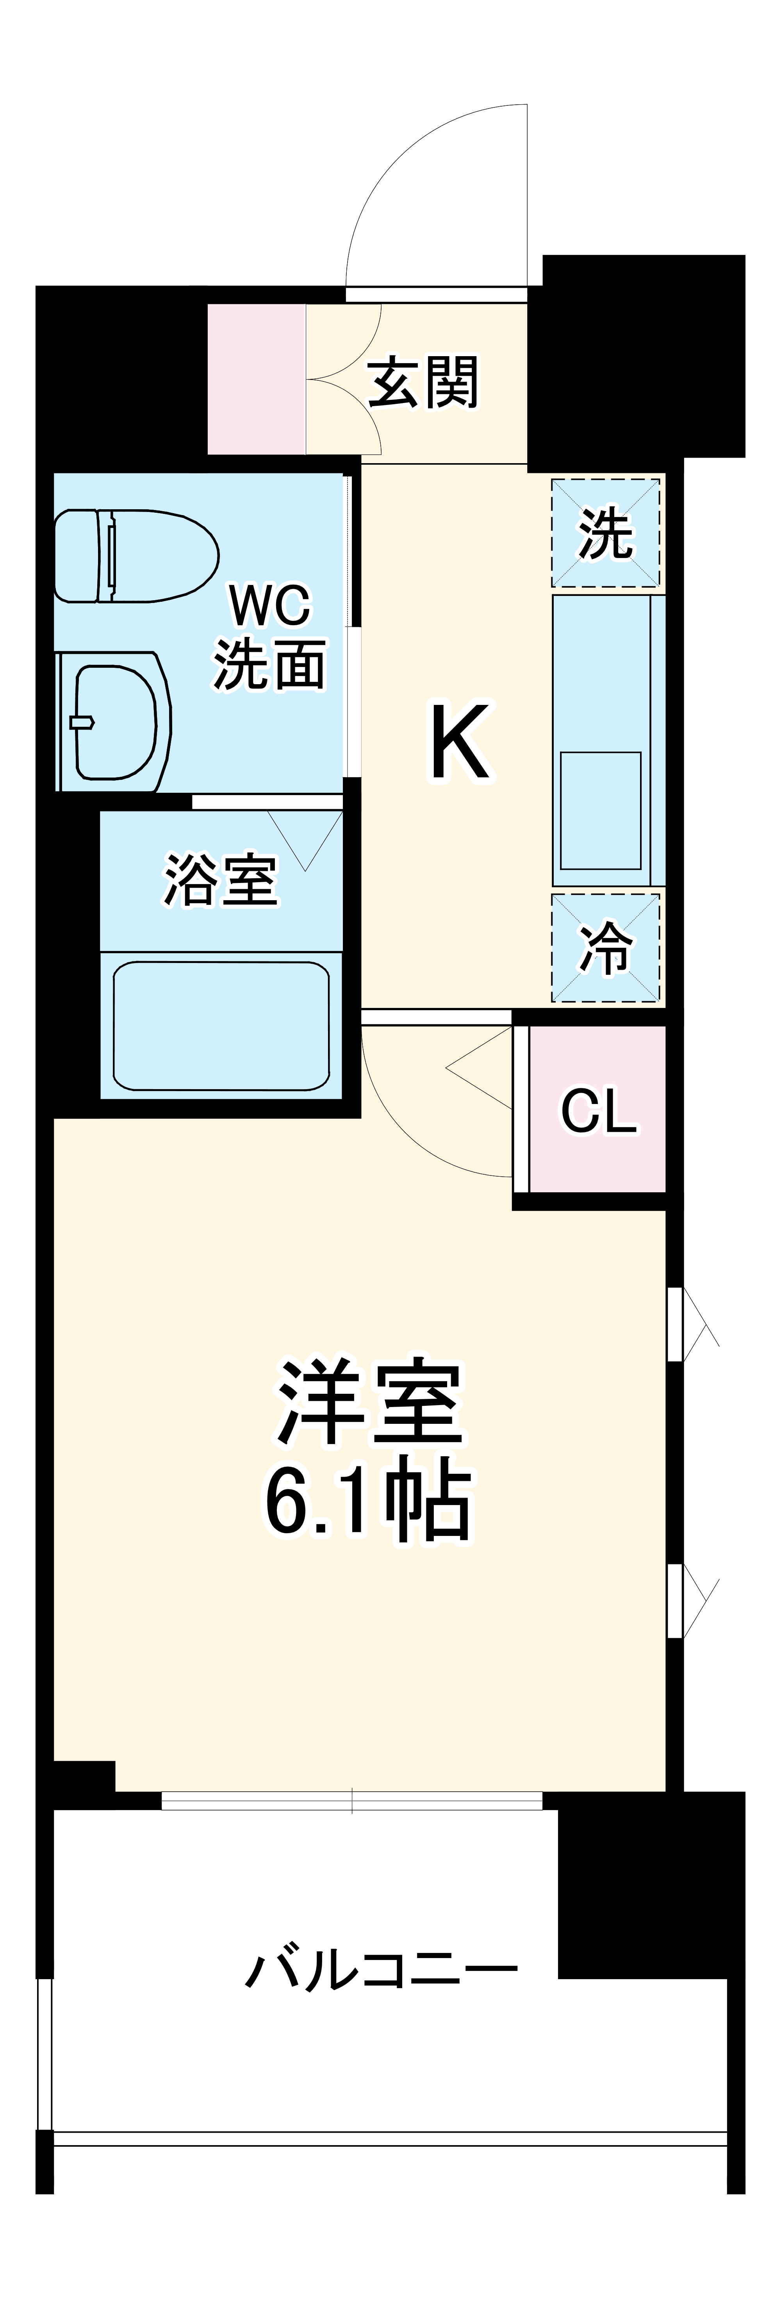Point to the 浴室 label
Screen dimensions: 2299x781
click(x=221, y=880)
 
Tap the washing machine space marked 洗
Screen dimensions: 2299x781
click(x=605, y=533)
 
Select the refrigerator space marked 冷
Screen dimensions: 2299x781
click(x=605, y=947)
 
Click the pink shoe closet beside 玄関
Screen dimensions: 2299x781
click(x=256, y=378)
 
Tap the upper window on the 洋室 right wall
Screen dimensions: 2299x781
click(x=676, y=1323)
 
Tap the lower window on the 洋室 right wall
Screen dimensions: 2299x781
click(x=676, y=1601)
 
